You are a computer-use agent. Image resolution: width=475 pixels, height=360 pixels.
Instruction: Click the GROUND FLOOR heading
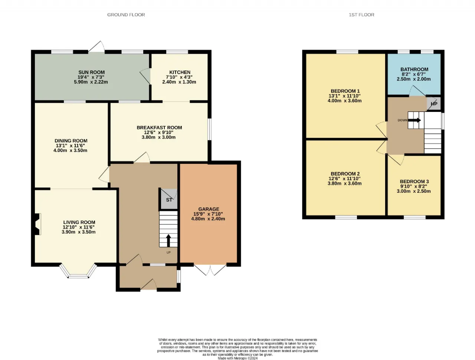126,15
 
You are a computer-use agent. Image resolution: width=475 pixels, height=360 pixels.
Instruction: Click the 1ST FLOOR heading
361,15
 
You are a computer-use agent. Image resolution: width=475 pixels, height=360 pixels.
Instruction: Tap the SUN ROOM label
91,72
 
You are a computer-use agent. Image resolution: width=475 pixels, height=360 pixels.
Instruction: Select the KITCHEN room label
180,72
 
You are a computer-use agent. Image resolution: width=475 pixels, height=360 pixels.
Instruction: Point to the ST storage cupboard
169,199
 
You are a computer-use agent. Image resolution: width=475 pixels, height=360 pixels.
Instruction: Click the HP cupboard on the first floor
434,104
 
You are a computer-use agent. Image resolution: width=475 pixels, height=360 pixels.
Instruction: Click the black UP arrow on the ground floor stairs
168,240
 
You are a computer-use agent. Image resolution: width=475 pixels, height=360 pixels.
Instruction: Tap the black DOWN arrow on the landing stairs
415,120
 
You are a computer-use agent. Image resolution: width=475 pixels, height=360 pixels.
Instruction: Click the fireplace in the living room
37,224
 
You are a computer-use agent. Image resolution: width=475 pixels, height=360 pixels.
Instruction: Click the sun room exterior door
97,47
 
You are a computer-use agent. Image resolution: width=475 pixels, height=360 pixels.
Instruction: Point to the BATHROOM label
414,69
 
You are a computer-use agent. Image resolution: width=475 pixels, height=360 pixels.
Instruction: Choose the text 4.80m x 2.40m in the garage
208,219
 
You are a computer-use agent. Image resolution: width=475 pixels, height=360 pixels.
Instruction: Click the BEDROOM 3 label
414,181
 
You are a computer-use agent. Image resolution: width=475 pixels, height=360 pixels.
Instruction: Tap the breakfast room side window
209,129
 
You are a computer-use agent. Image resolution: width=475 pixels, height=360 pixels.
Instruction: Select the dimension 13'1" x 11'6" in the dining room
71,145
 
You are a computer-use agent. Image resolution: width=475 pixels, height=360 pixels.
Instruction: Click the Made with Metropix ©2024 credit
237,358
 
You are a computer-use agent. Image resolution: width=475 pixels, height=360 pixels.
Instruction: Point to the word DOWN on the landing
403,120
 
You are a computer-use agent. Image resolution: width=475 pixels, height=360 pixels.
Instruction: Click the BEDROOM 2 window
346,217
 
